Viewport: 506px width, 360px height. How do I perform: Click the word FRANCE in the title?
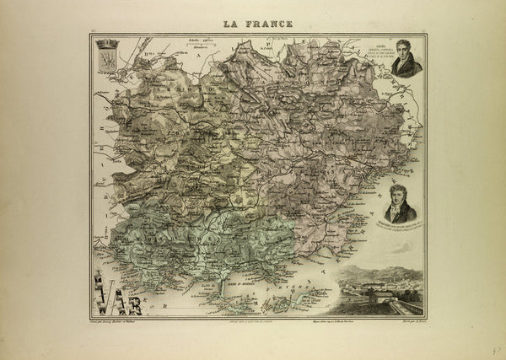click(x=266, y=24)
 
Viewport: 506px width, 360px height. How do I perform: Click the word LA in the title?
click(x=230, y=24)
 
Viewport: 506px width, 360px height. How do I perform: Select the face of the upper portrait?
click(x=407, y=60)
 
